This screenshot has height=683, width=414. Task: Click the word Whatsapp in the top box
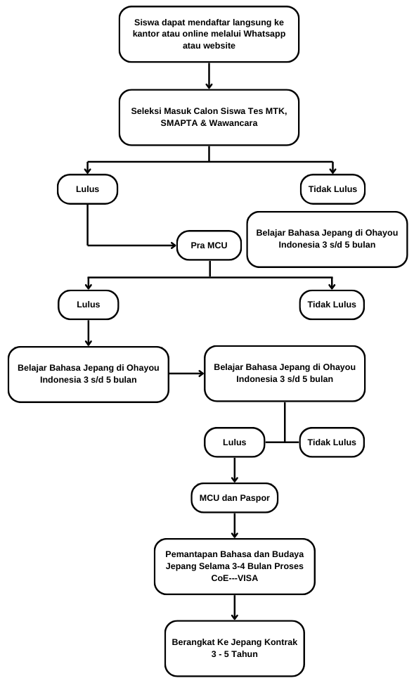[264, 34]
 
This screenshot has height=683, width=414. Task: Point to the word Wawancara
[233, 123]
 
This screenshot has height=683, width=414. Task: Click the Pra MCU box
[209, 245]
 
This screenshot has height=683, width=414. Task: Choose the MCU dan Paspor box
[235, 497]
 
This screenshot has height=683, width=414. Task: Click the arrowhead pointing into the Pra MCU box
[174, 245]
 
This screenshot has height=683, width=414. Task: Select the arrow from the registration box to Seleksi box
[209, 76]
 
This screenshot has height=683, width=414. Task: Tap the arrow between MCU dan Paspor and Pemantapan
[235, 525]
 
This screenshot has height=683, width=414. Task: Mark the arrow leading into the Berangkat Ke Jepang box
[235, 607]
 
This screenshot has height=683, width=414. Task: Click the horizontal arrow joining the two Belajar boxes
[186, 374]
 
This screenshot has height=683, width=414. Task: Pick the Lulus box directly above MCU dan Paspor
[235, 442]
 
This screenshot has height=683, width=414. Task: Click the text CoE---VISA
[235, 578]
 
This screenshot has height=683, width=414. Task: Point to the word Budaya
[287, 554]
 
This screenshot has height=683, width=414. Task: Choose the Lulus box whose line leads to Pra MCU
[87, 189]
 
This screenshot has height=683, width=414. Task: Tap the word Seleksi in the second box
[145, 110]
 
